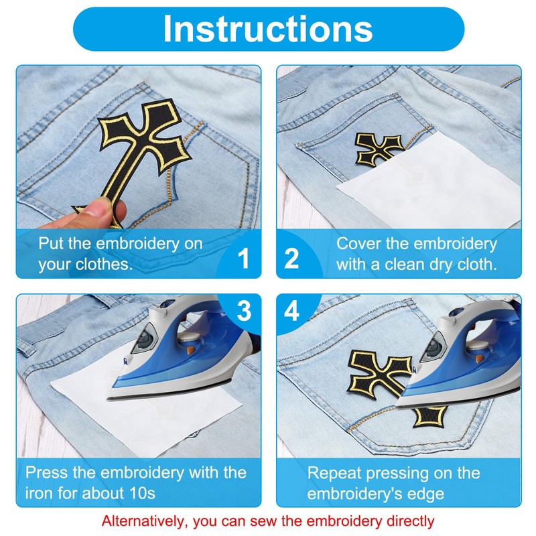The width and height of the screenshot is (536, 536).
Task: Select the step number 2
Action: (292, 257)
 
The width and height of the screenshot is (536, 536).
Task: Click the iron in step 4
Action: (469, 362)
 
